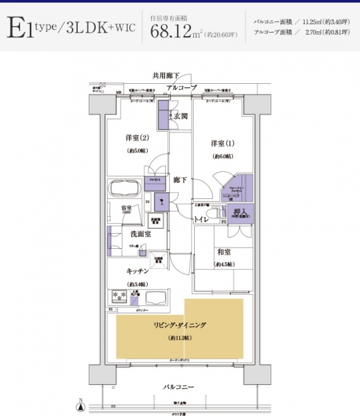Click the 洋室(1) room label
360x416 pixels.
click(x=223, y=144)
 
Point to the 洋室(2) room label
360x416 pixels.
click(x=137, y=137)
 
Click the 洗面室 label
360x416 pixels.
click(x=141, y=234)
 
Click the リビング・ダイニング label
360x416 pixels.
click(x=180, y=324)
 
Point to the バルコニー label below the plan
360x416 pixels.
click(x=179, y=386)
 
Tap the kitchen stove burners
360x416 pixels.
click(x=118, y=297)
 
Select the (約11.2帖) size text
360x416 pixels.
click(x=180, y=338)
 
